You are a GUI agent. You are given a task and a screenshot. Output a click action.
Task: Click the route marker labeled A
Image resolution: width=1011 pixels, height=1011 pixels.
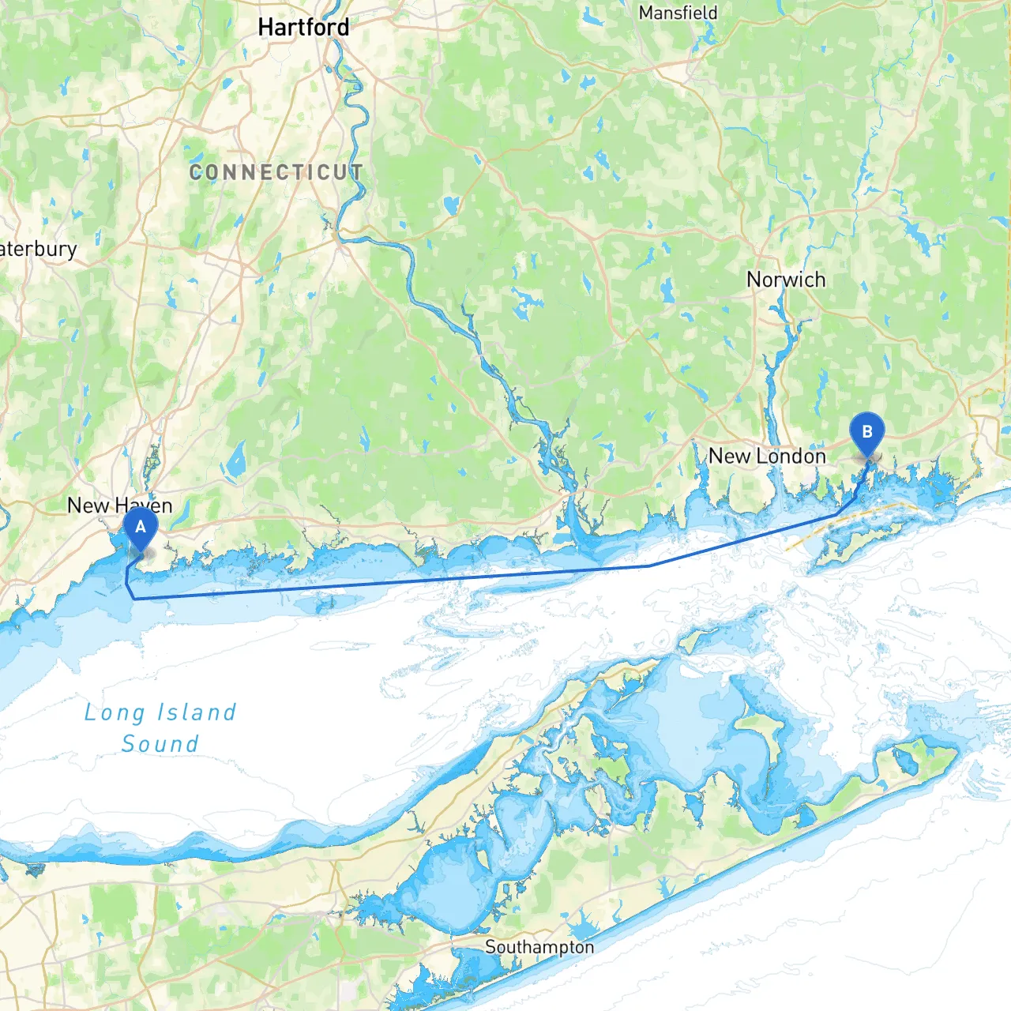(141, 528)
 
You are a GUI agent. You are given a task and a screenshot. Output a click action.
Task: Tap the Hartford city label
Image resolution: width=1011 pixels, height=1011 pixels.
(303, 28)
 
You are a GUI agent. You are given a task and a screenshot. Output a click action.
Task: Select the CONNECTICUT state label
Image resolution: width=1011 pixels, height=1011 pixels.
(276, 172)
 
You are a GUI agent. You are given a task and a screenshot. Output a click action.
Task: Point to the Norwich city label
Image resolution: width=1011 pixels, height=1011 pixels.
(786, 280)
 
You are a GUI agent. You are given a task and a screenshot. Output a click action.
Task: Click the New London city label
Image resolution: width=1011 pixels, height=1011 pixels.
(767, 457)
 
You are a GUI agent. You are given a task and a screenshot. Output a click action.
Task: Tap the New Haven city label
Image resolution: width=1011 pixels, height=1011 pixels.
(119, 505)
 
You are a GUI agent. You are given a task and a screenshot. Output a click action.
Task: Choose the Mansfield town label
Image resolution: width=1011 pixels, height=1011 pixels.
(678, 13)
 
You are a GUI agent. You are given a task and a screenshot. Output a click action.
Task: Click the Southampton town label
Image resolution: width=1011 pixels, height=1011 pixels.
(539, 947)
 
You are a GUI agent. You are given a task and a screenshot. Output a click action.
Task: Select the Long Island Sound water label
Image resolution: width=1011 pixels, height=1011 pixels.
(160, 728)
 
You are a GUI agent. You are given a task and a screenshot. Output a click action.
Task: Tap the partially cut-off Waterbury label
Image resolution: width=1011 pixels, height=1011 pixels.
(38, 250)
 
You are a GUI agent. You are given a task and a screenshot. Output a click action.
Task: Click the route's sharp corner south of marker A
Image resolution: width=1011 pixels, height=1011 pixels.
(134, 599)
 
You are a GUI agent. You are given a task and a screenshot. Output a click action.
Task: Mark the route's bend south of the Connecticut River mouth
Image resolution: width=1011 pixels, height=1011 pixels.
(648, 566)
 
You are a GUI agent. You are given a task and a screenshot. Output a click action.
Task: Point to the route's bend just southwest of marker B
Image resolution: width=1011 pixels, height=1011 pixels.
(839, 514)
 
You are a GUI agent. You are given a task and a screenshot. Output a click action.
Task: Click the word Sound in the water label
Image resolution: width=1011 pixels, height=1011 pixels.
(160, 744)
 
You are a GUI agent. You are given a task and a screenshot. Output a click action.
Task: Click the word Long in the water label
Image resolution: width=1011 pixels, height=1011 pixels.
(115, 712)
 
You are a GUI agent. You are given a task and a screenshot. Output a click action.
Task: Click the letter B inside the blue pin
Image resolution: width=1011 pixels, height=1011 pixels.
(866, 431)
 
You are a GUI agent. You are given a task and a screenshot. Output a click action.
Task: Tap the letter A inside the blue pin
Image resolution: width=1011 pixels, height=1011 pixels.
(141, 526)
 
